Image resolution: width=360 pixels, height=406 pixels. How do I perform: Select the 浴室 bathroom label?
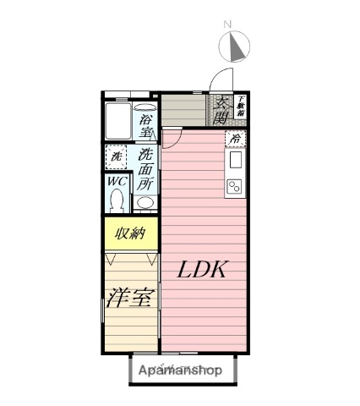point(146,126)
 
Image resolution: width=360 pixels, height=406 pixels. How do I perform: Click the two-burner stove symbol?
point(235,184)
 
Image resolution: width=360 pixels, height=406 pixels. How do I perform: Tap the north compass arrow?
point(238,47)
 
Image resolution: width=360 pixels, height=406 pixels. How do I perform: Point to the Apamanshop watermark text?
point(181,370)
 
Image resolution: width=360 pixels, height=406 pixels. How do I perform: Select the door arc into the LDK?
point(172,137)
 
